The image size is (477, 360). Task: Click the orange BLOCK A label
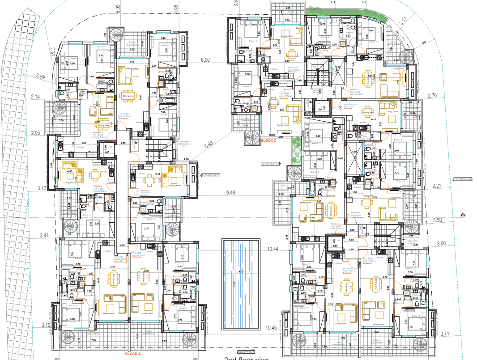tap(133, 353)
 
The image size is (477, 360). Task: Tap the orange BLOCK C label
tap(268, 140)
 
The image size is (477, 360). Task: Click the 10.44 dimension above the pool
tap(273, 249)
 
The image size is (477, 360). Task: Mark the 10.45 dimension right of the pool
tap(271, 328)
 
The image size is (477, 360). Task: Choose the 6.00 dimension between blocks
tap(205, 60)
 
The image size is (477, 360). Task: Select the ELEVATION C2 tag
tap(270, 164)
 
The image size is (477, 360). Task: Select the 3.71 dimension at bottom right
tap(445, 334)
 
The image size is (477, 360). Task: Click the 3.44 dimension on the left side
tap(44, 235)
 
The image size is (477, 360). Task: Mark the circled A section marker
tap(463, 215)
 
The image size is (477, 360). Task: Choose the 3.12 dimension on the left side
tap(42, 188)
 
